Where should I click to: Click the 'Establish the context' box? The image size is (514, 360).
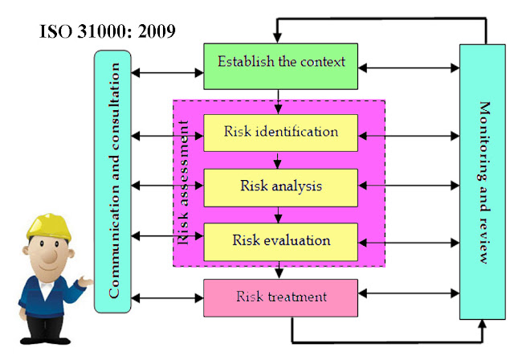tap(280, 66)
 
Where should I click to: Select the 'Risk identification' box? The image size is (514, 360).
tap(280, 133)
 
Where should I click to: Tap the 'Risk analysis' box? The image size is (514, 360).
tap(280, 188)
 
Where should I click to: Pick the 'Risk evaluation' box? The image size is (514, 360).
tap(280, 243)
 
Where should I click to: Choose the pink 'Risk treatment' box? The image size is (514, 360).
tap(280, 298)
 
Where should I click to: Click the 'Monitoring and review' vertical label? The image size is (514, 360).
tap(484, 182)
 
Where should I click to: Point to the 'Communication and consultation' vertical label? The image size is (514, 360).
tap(113, 180)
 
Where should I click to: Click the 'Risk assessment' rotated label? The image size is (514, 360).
tap(182, 182)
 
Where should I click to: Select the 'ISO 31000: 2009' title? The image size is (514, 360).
tap(107, 31)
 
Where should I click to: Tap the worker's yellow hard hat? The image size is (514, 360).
tap(49, 227)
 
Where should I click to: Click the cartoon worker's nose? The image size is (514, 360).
tap(50, 256)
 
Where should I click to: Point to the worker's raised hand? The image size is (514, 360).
tap(85, 281)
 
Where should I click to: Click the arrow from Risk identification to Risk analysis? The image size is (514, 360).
tap(278, 161)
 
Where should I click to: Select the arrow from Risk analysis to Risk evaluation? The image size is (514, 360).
tap(279, 215)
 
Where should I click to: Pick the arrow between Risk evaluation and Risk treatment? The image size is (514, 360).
tap(279, 270)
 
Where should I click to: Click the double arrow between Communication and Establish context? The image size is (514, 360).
tap(167, 72)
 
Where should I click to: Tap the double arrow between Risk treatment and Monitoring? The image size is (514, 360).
tap(409, 293)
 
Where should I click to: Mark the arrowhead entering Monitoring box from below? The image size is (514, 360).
tap(482, 325)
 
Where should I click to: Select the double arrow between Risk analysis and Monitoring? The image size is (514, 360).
tap(409, 186)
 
